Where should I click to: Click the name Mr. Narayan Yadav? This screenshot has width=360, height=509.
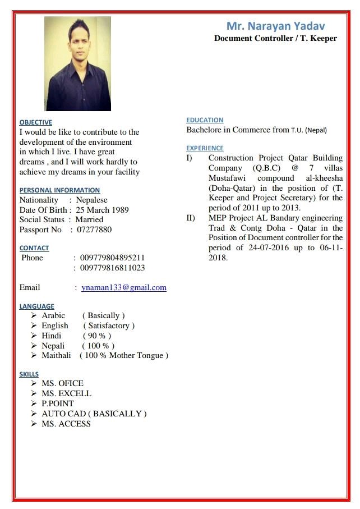coord(275,26)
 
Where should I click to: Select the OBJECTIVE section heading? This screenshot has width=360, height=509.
coord(35,122)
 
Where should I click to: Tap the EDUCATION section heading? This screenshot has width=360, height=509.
coord(205,120)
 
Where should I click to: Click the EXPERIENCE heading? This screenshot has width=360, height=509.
coord(205,148)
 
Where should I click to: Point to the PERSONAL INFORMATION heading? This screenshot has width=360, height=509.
coord(59,190)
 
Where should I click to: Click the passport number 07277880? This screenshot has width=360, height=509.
coord(94,230)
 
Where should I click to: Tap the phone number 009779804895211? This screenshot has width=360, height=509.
coord(112,258)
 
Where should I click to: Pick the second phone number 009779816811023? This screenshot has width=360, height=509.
coord(112,268)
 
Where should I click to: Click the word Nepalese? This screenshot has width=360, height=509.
coord(92,200)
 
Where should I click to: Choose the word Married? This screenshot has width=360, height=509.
coord(89,219)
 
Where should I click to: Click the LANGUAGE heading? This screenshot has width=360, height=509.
coord(36,306)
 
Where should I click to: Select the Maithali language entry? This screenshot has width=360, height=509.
coord(56,355)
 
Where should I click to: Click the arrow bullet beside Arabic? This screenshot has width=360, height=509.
coord(34,316)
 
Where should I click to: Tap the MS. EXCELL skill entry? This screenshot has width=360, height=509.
coord(66,393)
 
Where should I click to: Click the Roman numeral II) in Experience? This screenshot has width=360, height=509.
coord(191,218)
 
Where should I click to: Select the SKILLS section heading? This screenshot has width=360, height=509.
coord(29,374)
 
